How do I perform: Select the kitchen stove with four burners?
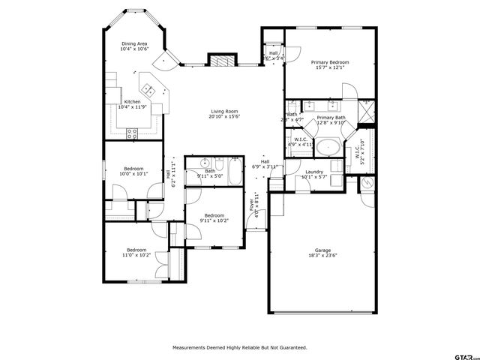point(133,134)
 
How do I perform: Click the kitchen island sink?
point(150,91)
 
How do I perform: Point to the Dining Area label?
point(135,43)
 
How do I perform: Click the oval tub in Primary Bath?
point(328,146)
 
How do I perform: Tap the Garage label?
point(323,250)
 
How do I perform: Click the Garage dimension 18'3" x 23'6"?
point(323,256)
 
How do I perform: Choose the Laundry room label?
point(314,172)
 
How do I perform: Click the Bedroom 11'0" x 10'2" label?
point(136,250)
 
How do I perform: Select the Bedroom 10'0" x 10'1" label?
point(133,169)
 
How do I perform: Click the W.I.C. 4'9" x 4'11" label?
point(301,139)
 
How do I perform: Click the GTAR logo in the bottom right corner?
point(463,352)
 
